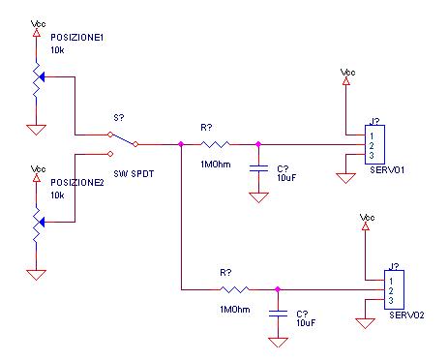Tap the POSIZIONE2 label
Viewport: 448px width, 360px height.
click(77, 182)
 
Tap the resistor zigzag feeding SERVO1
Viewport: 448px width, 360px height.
click(216, 144)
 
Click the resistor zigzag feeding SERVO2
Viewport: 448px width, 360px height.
click(235, 288)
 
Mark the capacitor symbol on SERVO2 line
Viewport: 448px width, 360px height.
click(278, 313)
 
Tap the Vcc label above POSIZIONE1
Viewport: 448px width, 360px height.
click(37, 22)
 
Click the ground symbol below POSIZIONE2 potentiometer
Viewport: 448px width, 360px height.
click(37, 274)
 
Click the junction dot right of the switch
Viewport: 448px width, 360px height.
click(181, 144)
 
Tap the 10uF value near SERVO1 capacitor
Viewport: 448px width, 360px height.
click(287, 179)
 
